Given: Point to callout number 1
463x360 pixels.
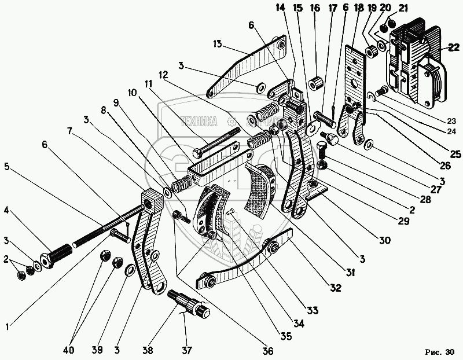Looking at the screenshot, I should (x=7, y=326).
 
